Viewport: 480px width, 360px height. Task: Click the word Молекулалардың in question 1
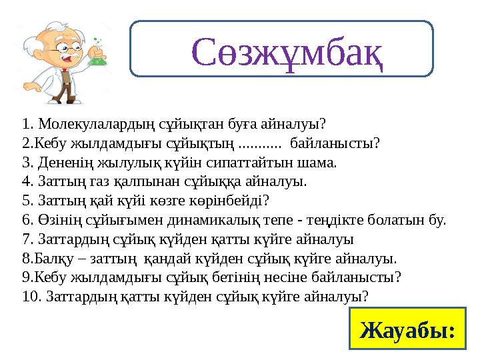click(x=84, y=124)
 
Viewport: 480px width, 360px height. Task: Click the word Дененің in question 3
click(x=61, y=162)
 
